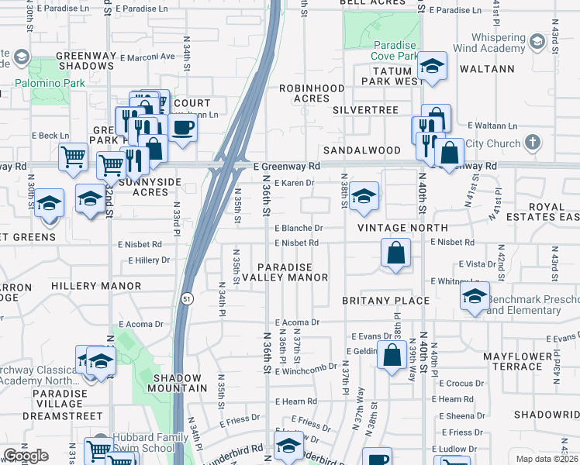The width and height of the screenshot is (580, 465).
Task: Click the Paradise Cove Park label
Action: pyautogui.click(x=385, y=50)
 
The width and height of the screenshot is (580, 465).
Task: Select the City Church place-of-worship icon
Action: pyautogui.click(x=531, y=143)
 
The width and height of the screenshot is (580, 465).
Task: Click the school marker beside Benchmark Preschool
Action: pyautogui.click(x=474, y=296)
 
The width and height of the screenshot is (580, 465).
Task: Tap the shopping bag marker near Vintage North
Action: pyautogui.click(x=395, y=253)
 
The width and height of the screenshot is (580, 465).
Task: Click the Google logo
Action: pyautogui.click(x=26, y=456)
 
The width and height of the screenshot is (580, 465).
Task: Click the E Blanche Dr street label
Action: pyautogui.click(x=299, y=229)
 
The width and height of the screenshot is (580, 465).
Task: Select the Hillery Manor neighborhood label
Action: pyautogui.click(x=96, y=286)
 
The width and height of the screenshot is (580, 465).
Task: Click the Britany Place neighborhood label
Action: pyautogui.click(x=385, y=300)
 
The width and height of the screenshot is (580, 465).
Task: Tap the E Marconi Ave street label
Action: pyautogui.click(x=147, y=56)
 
